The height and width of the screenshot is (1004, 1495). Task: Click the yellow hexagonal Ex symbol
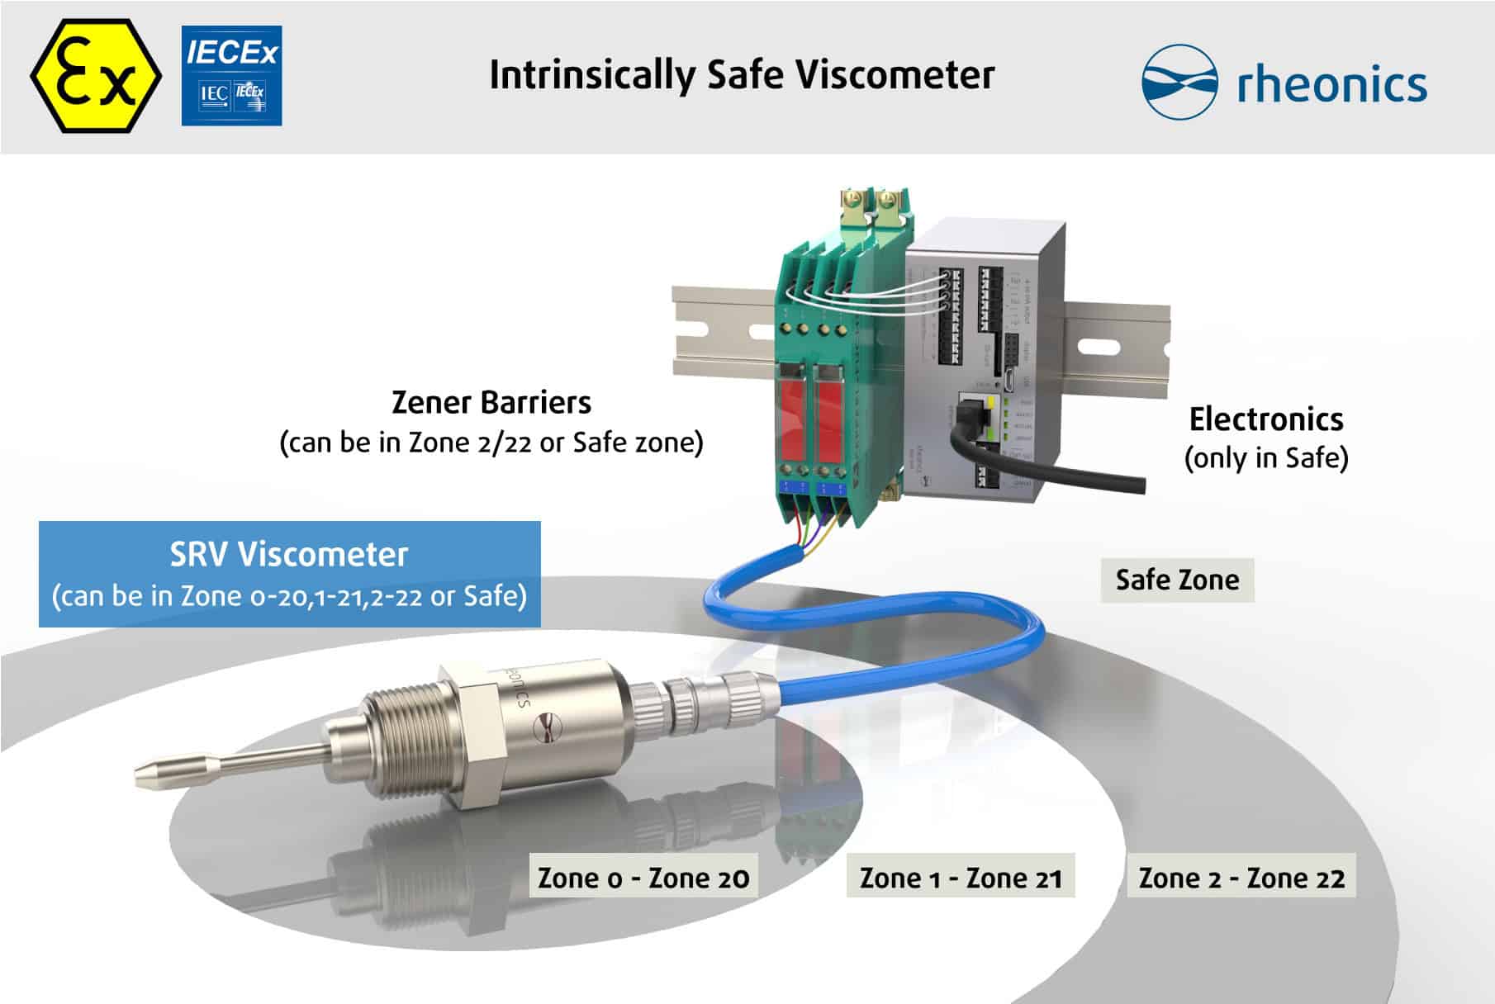click(96, 76)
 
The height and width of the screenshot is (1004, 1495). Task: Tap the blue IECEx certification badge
click(231, 76)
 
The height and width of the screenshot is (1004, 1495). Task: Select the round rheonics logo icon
click(1179, 82)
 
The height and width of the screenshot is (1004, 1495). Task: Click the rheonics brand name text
click(1331, 84)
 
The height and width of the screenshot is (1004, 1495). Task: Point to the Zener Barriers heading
click(491, 403)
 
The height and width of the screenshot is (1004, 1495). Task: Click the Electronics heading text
click(1265, 419)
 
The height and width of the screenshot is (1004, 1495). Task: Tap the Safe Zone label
click(1176, 580)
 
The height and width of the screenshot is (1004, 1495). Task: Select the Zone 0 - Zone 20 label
click(643, 877)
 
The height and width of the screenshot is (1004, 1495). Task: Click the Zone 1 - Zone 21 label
click(960, 877)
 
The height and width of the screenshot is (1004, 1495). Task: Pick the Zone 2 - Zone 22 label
click(1241, 877)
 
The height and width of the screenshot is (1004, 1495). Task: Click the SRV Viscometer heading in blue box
click(289, 554)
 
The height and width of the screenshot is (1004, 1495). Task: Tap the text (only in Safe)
click(1265, 457)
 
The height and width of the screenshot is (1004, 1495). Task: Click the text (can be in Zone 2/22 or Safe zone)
click(491, 443)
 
